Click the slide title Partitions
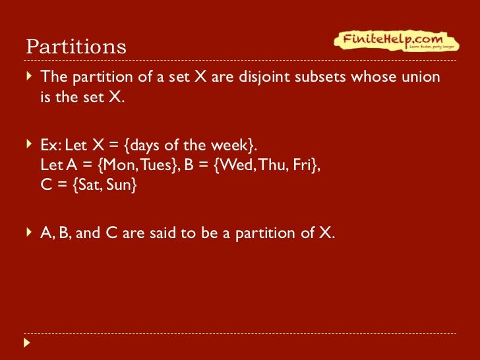click(x=76, y=47)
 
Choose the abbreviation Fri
click(x=306, y=165)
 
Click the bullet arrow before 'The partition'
click(x=28, y=76)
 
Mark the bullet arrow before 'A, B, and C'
click(x=28, y=233)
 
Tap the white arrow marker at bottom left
click(x=27, y=343)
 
